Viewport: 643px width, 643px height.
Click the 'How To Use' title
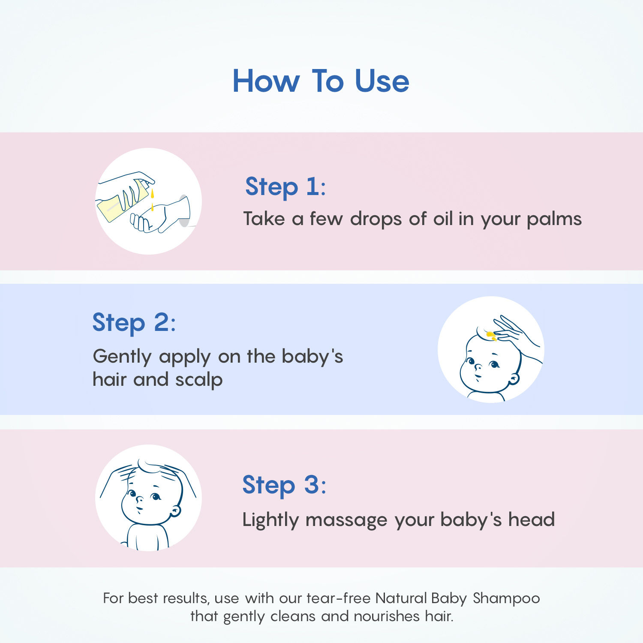(x=321, y=81)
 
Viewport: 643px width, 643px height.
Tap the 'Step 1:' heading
(x=285, y=186)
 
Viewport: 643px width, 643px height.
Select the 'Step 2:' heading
(x=134, y=322)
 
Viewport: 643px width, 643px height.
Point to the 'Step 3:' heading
(x=284, y=485)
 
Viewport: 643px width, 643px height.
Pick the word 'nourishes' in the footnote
(x=387, y=616)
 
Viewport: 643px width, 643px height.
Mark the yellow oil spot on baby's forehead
(x=491, y=335)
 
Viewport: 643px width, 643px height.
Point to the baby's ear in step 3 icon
(x=175, y=511)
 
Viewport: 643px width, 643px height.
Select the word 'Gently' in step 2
(x=122, y=357)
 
